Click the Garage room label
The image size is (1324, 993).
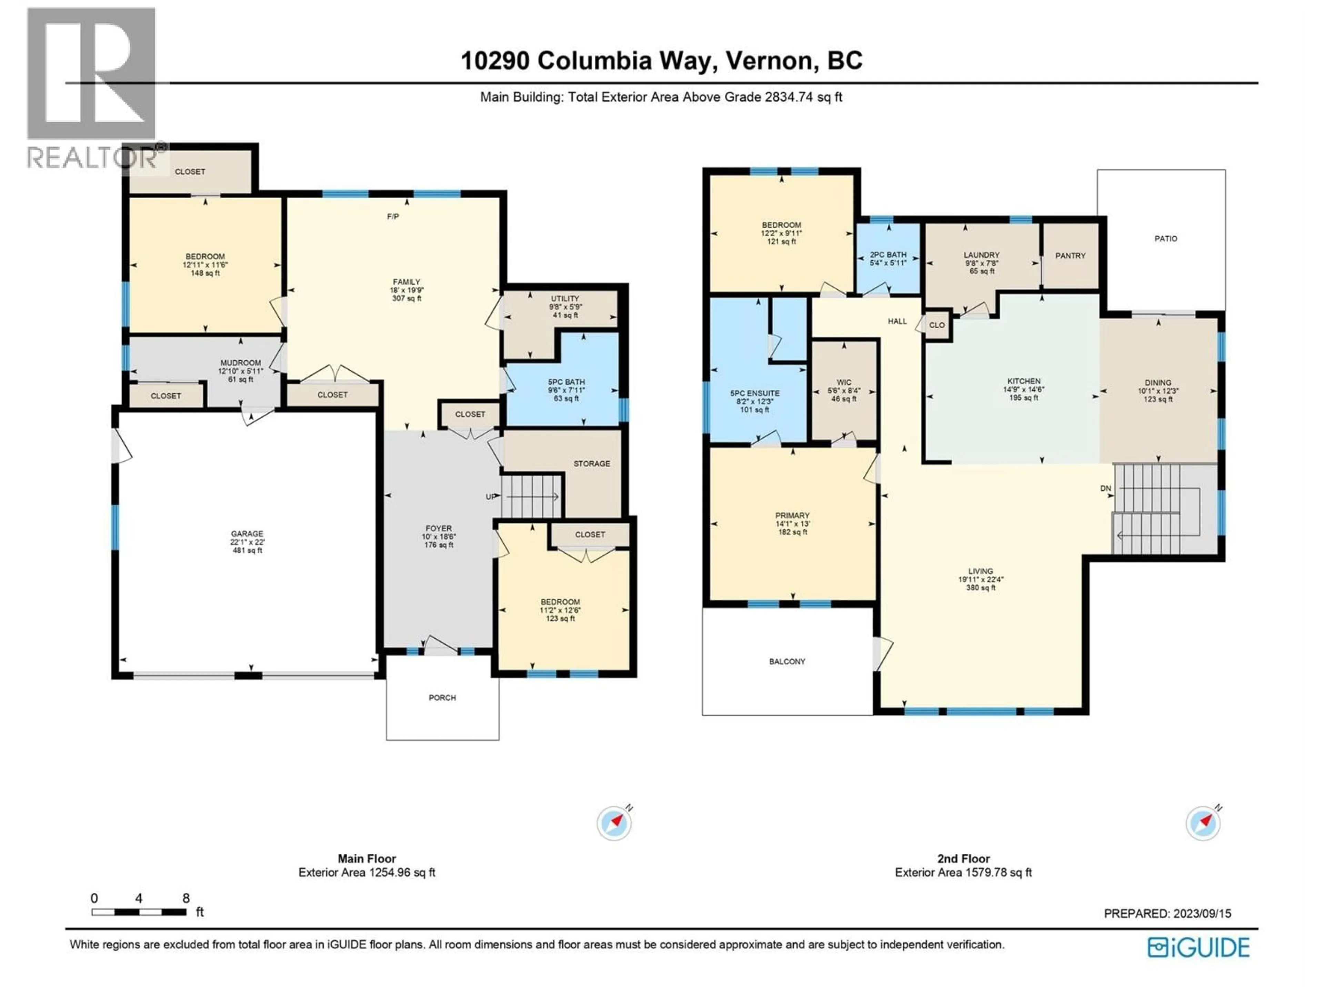tap(247, 534)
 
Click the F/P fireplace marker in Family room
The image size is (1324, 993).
tap(393, 217)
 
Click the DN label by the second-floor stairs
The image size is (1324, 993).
tap(1105, 489)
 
